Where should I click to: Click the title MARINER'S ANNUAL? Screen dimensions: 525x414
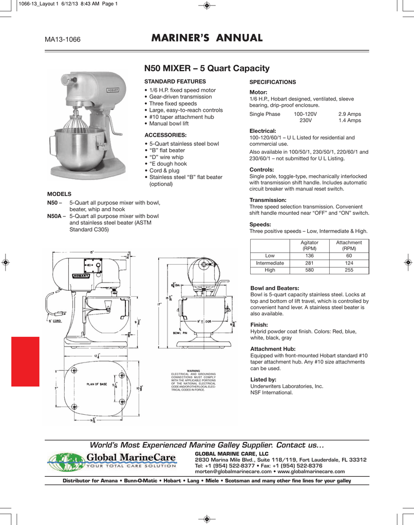point(207,38)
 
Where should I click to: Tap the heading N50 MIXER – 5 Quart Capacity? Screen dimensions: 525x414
point(206,68)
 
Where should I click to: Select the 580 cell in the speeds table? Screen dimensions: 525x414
point(309,270)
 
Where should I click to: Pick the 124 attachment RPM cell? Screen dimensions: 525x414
point(349,263)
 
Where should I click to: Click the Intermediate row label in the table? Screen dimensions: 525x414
point(270,263)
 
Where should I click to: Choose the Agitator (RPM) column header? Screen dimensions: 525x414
point(309,245)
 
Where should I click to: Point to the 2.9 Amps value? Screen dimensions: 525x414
point(349,114)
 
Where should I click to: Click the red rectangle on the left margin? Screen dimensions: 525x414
point(25,361)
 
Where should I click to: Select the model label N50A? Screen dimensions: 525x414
point(54,216)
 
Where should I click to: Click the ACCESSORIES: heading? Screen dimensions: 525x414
point(164,134)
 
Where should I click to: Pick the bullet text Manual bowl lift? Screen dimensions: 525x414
point(168,124)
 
